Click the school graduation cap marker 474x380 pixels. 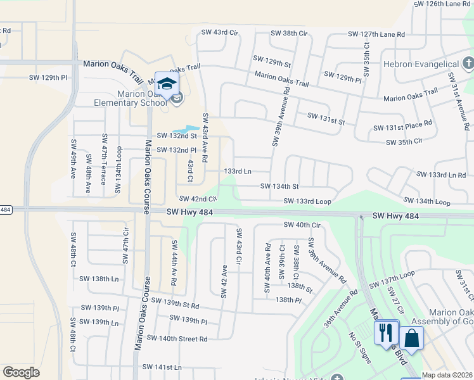pyautogui.click(x=166, y=84)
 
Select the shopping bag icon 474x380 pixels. pyautogui.click(x=411, y=338)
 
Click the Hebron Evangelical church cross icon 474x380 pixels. pyautogui.click(x=468, y=63)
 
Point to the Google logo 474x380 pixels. pyautogui.click(x=21, y=372)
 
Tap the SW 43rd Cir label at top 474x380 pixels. pyautogui.click(x=219, y=32)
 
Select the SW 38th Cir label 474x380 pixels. pyautogui.click(x=288, y=33)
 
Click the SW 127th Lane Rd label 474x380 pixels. pyautogui.click(x=376, y=34)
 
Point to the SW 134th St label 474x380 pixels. pyautogui.click(x=279, y=186)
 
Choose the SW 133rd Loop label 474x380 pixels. pyautogui.click(x=307, y=201)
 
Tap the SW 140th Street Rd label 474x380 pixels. pyautogui.click(x=177, y=339)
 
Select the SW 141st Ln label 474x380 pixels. pyautogui.click(x=162, y=367)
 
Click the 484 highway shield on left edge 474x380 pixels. pyautogui.click(x=6, y=210)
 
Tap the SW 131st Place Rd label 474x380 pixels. pyautogui.click(x=402, y=127)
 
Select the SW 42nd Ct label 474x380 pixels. pyautogui.click(x=198, y=199)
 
